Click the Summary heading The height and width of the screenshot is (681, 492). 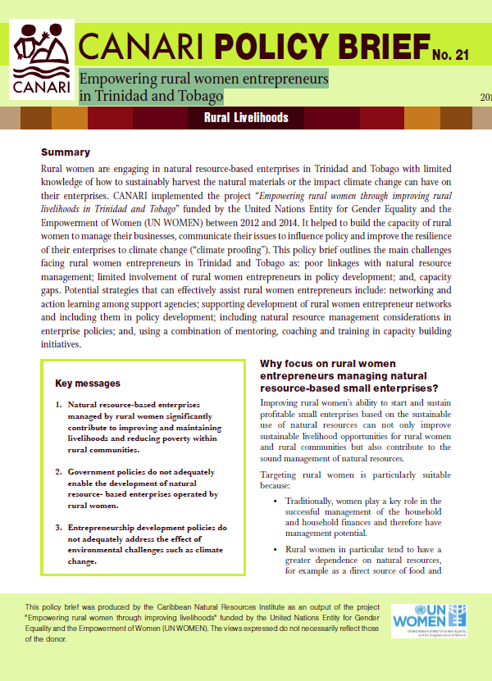pos(65,153)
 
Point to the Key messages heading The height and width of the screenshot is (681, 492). pos(88,383)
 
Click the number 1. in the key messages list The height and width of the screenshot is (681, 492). pos(58,405)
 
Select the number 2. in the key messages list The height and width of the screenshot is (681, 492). pos(58,473)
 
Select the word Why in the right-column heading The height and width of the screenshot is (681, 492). pos(272,363)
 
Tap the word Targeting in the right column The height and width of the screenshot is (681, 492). pos(281,475)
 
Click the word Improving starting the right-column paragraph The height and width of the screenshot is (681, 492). pos(282,403)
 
